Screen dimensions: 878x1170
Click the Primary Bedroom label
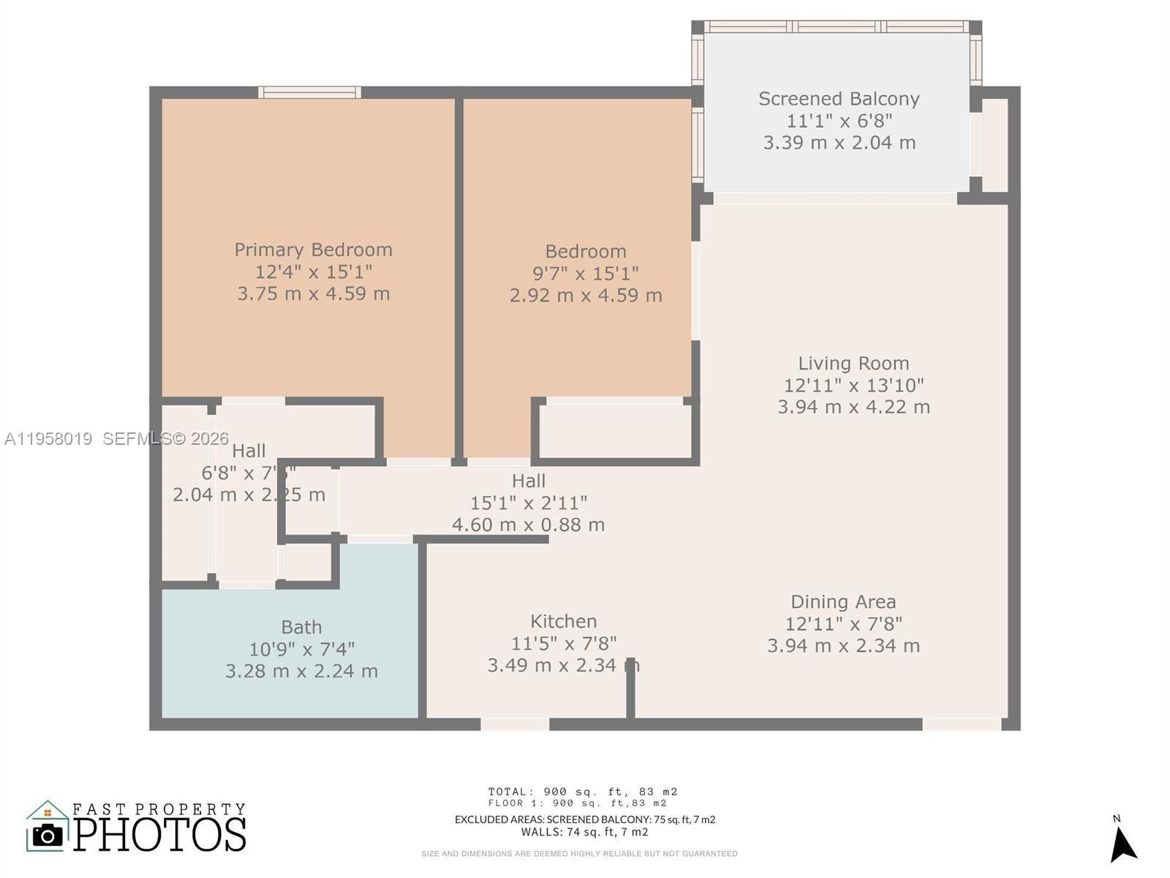click(x=313, y=249)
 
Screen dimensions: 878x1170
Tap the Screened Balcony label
click(x=839, y=99)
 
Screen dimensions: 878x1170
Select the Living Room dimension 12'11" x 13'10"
click(x=853, y=385)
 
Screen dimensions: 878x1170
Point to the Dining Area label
click(x=843, y=601)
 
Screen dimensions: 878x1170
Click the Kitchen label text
click(x=563, y=621)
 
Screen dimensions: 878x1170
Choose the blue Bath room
click(x=292, y=688)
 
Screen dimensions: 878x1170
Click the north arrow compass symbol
click(x=1122, y=845)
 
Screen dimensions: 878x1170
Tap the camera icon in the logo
click(x=48, y=835)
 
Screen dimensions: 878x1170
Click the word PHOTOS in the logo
click(x=159, y=834)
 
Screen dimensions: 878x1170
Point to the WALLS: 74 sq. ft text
click(x=584, y=832)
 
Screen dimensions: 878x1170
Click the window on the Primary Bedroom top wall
click(x=309, y=92)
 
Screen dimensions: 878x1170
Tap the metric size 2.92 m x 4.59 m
click(x=586, y=296)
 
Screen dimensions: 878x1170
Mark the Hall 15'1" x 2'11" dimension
click(x=528, y=503)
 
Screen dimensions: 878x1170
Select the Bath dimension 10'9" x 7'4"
click(x=301, y=649)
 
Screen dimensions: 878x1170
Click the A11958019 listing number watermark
click(x=48, y=439)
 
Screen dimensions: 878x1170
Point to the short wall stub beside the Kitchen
click(x=630, y=688)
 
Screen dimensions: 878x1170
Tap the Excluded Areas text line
click(x=584, y=819)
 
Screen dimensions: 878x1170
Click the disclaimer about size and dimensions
click(x=578, y=854)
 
